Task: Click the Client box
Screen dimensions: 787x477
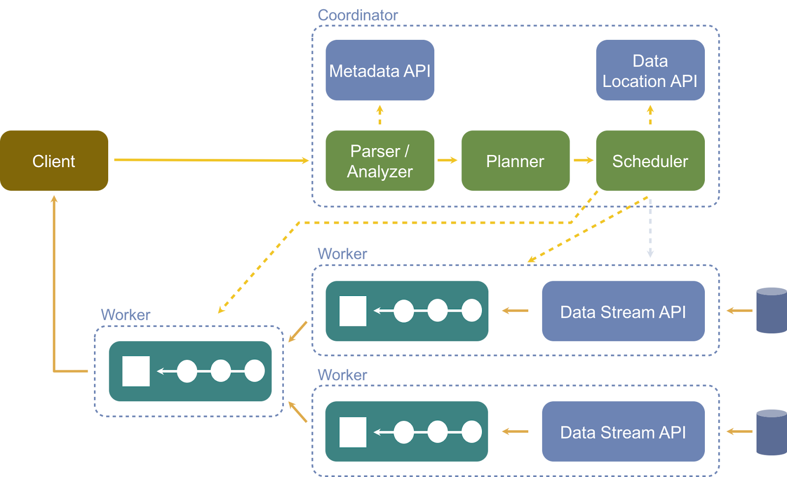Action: point(54,161)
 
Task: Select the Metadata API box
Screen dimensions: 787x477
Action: point(380,70)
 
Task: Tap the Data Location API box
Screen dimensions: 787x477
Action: point(650,70)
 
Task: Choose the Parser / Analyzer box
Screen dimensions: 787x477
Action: point(380,161)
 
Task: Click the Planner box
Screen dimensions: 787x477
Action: point(515,161)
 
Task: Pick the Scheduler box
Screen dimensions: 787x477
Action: point(650,161)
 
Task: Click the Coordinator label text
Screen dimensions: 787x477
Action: point(358,15)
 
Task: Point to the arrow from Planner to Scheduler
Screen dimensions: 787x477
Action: point(583,160)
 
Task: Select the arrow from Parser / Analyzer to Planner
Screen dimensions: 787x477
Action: point(448,160)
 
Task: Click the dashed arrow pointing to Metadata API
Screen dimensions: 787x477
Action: point(380,115)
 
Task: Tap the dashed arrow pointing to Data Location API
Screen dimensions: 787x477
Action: point(650,115)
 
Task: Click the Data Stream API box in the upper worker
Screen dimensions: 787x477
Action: point(623,311)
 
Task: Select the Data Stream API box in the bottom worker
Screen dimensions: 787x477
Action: point(623,431)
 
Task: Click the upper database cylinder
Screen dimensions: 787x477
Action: point(772,310)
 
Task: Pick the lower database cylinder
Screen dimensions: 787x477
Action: point(772,432)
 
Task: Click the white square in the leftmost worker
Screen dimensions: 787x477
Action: point(136,371)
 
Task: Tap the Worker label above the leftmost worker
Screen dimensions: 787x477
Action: point(125,315)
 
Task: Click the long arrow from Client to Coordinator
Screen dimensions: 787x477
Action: point(212,160)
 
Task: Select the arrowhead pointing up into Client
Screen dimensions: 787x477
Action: point(54,199)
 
